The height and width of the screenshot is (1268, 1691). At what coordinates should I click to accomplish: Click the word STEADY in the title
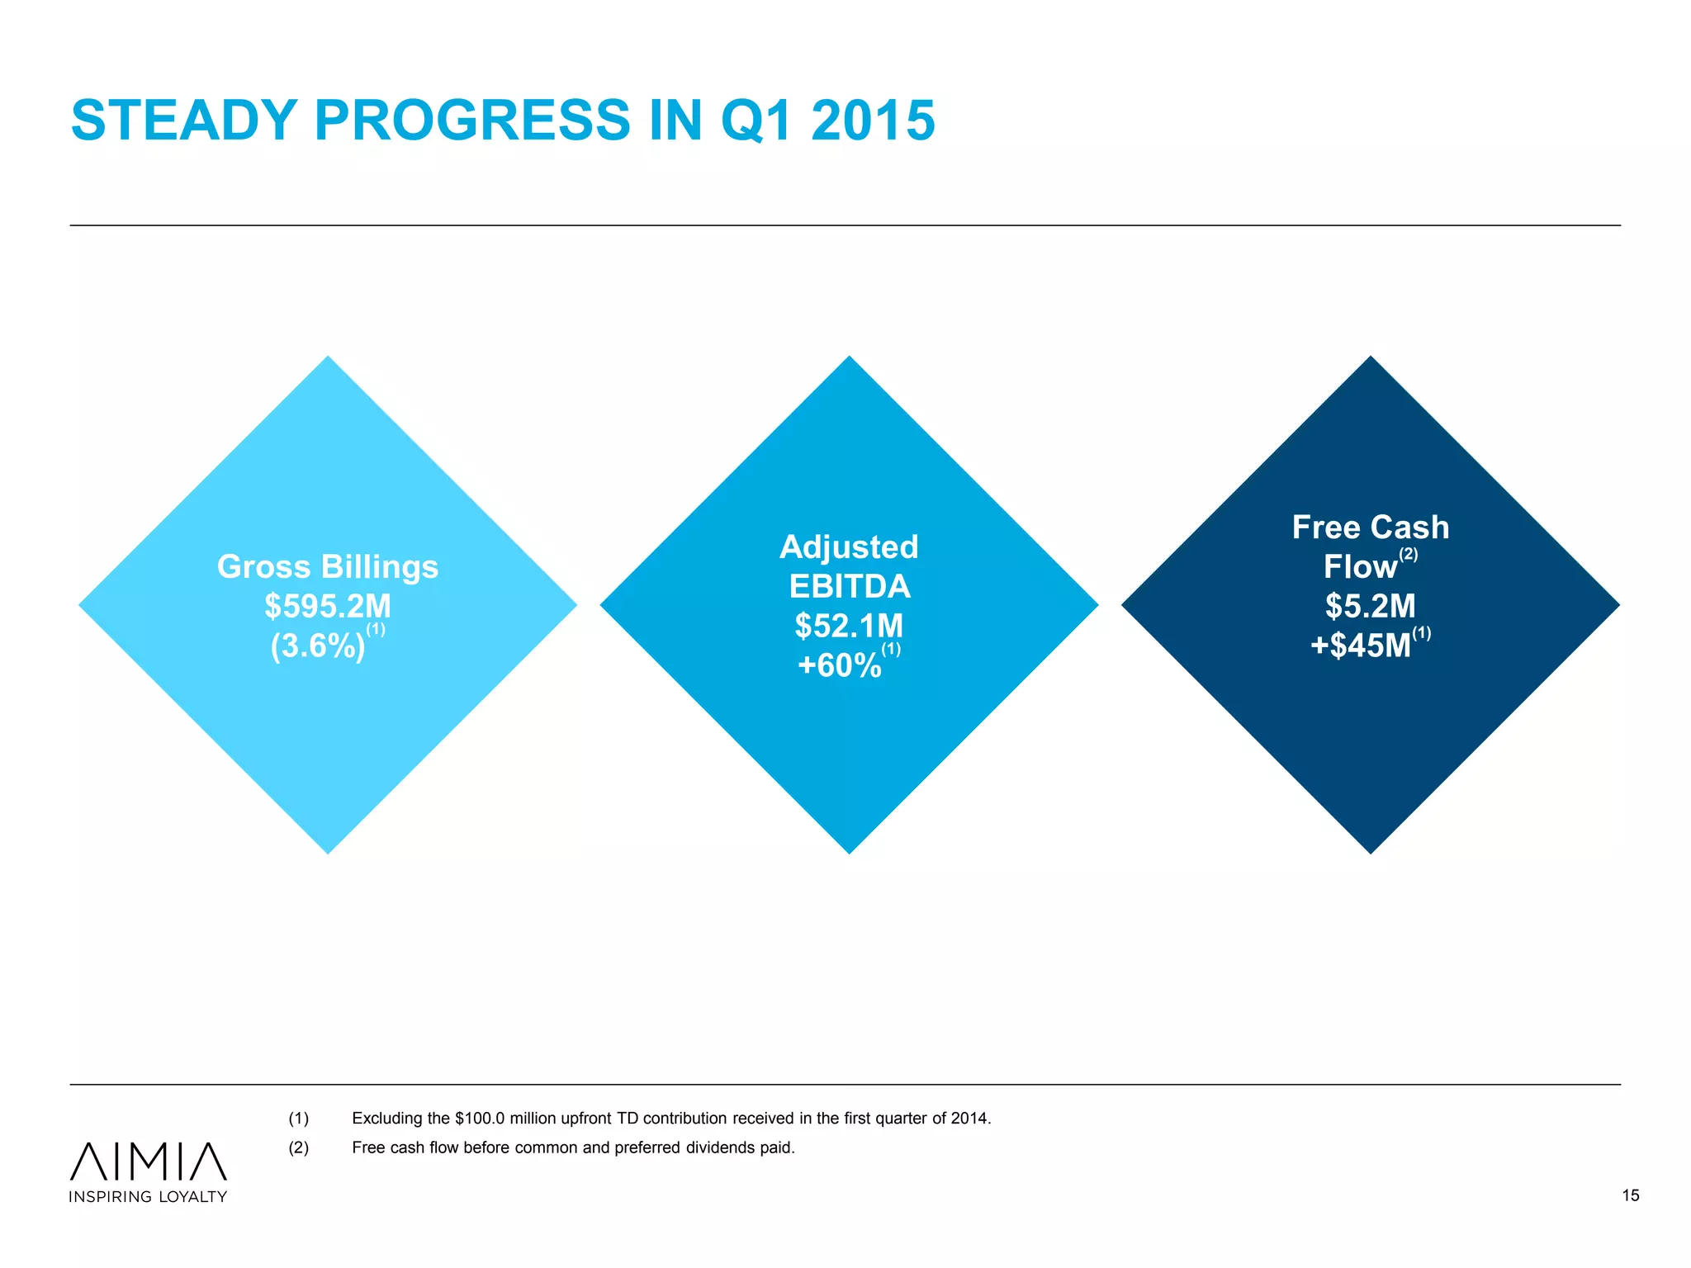point(183,121)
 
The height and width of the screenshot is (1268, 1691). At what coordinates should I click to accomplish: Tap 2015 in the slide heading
point(873,121)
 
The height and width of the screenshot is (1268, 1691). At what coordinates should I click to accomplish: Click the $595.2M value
point(328,606)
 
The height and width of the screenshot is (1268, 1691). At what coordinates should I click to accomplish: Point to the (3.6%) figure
point(318,646)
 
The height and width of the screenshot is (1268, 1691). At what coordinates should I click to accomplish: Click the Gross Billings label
point(328,566)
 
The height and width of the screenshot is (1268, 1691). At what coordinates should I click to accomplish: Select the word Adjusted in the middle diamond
point(849,546)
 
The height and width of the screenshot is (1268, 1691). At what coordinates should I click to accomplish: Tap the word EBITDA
point(849,586)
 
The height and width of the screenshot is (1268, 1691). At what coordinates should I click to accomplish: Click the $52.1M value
point(849,626)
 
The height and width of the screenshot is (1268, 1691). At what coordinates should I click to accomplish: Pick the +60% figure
point(839,665)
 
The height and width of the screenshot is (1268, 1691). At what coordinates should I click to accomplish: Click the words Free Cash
point(1371,527)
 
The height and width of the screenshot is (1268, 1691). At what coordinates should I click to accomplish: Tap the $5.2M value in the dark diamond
point(1371,606)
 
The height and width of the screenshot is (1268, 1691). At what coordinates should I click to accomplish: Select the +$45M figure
point(1361,646)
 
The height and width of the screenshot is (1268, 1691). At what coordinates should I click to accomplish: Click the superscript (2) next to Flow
point(1409,554)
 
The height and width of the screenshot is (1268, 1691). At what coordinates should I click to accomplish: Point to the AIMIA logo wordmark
point(149,1161)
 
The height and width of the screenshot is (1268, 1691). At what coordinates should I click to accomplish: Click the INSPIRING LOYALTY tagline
point(149,1197)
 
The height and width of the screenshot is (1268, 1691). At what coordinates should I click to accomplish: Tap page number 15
point(1630,1195)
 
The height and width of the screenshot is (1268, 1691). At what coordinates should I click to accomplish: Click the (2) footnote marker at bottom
point(298,1147)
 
